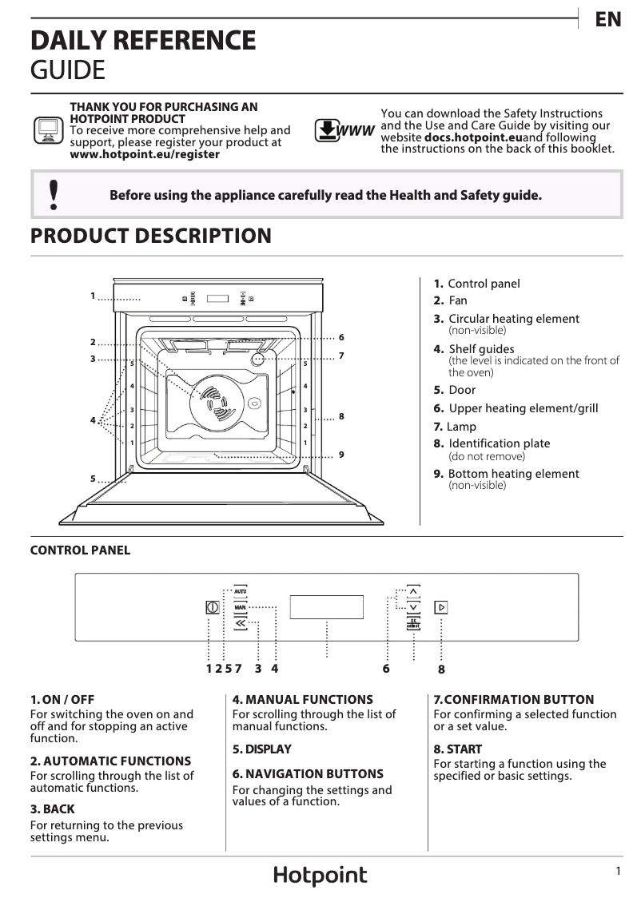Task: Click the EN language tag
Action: tap(608, 20)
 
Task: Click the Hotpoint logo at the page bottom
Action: tap(320, 876)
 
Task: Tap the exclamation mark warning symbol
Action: tap(54, 195)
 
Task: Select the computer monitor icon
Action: tap(48, 130)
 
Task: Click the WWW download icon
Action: tap(344, 130)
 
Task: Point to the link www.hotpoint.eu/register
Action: tap(145, 154)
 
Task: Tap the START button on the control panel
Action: tap(440, 607)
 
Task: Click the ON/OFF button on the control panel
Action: tap(212, 607)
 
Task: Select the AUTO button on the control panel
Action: tap(240, 590)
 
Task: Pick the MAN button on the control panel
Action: tap(240, 607)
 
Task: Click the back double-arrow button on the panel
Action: tap(240, 623)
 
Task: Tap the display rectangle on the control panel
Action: tap(326, 607)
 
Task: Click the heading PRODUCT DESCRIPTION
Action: tap(150, 236)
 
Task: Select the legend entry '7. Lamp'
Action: tap(455, 427)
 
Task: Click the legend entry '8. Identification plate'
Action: tap(492, 443)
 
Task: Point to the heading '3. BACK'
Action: tap(52, 809)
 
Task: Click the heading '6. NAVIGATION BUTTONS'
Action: tap(308, 773)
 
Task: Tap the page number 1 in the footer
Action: tap(618, 872)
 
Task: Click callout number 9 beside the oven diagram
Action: tap(341, 455)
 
